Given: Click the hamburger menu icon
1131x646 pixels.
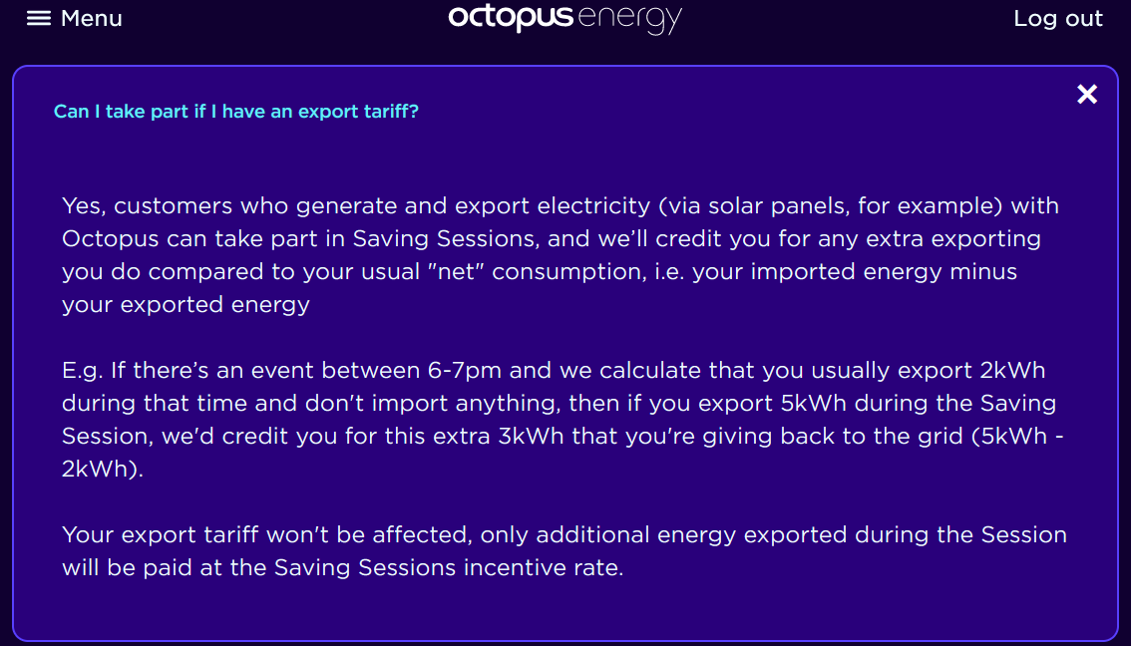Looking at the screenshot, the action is (x=39, y=18).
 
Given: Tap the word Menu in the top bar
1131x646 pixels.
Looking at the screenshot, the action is (x=92, y=18).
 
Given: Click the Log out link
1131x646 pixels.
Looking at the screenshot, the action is (x=1058, y=18).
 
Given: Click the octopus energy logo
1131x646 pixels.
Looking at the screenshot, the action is (x=565, y=19).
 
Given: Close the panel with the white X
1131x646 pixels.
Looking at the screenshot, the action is (x=1087, y=94).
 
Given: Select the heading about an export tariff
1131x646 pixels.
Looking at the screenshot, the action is (x=235, y=111).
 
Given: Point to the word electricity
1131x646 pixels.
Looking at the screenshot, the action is (x=593, y=206).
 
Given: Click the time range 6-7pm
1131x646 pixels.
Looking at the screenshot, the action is (x=465, y=371).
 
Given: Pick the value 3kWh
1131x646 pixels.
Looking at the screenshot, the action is (x=531, y=437).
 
